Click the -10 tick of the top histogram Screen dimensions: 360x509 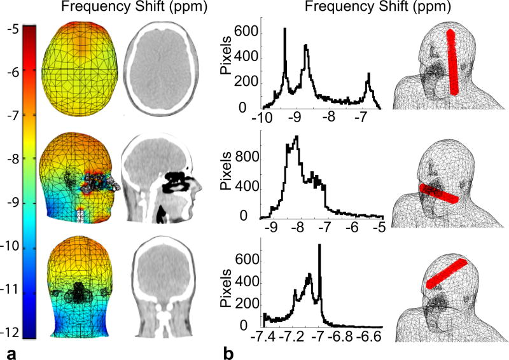(x=261, y=118)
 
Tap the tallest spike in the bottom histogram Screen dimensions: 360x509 (x=319, y=248)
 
